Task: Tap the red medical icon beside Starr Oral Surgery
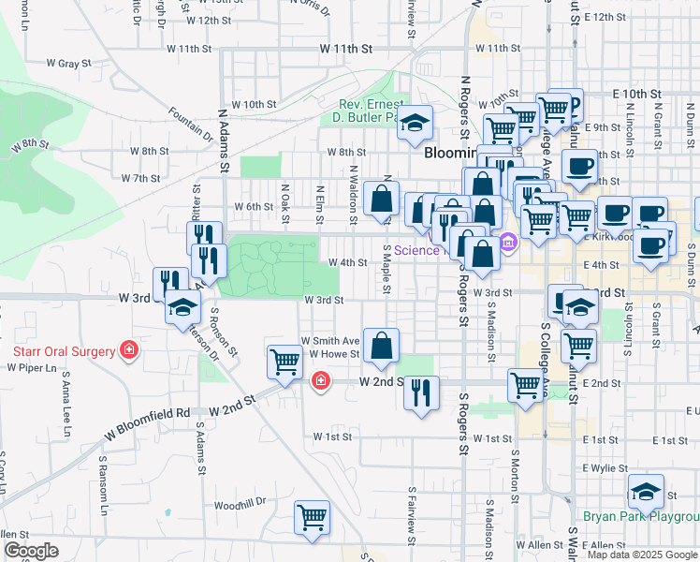[x=128, y=351]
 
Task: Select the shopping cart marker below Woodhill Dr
[x=312, y=517]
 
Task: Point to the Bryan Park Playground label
[x=640, y=516]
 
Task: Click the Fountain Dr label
[x=191, y=121]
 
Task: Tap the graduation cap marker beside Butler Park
[x=415, y=123]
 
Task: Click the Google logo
[x=31, y=551]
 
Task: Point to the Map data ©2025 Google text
[x=642, y=555]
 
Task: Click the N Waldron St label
[x=354, y=195]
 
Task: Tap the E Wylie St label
[x=607, y=467]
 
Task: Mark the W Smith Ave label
[x=329, y=341]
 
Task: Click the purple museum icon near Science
[x=508, y=243]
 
